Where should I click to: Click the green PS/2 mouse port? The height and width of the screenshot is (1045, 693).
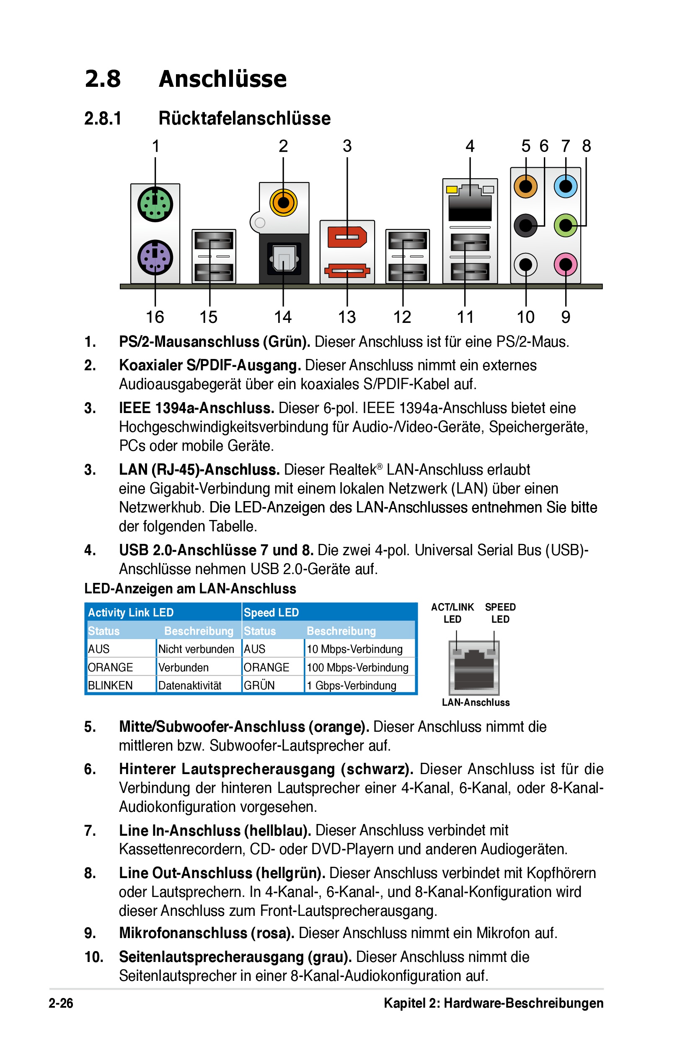155,204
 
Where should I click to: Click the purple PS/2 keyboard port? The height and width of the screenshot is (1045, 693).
155,257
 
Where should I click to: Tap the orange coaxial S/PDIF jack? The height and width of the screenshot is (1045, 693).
283,203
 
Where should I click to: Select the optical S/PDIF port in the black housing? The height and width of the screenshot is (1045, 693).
284,259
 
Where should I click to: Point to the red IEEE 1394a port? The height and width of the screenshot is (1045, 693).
347,237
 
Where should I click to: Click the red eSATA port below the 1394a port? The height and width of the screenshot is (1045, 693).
347,270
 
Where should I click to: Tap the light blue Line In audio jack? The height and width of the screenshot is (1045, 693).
566,186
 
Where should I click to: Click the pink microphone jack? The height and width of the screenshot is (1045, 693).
566,265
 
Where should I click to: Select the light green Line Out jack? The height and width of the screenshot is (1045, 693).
566,225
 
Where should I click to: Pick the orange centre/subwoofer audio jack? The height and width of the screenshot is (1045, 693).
525,186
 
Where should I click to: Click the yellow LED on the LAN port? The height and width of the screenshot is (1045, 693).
452,190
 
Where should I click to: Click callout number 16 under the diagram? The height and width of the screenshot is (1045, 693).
155,317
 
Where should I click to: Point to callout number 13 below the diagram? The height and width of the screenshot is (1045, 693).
347,317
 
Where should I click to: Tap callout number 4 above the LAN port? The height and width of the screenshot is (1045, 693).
470,146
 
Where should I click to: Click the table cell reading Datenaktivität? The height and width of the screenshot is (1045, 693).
190,686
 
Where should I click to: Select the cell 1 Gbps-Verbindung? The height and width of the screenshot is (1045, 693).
352,686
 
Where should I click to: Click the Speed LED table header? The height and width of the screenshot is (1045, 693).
272,613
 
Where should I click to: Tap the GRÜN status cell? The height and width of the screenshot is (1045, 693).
259,686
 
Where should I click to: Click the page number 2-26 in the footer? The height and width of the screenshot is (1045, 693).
61,1003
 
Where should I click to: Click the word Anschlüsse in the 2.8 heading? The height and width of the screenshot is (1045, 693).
223,79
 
